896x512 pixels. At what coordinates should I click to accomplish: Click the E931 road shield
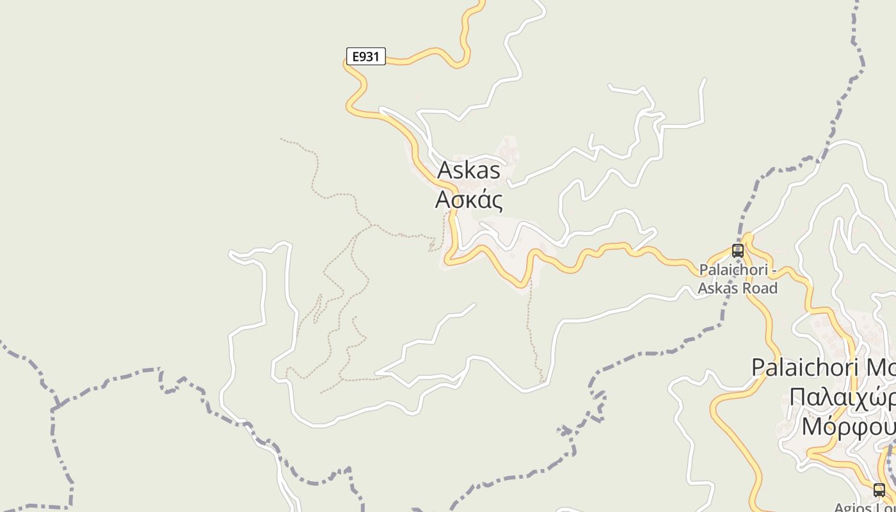click(x=366, y=56)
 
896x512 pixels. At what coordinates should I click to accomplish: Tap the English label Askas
click(x=468, y=171)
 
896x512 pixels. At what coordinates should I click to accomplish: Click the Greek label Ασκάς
click(x=468, y=199)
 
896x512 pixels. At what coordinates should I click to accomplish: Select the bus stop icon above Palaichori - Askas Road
click(x=737, y=251)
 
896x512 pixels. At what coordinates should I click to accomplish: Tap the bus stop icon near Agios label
click(x=879, y=490)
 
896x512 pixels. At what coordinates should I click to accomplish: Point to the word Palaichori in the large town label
click(x=804, y=368)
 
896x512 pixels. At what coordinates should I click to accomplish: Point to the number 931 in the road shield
click(x=370, y=56)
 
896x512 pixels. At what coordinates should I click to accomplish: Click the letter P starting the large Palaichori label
click(x=758, y=368)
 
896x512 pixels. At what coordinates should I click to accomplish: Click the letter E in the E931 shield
click(x=356, y=56)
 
